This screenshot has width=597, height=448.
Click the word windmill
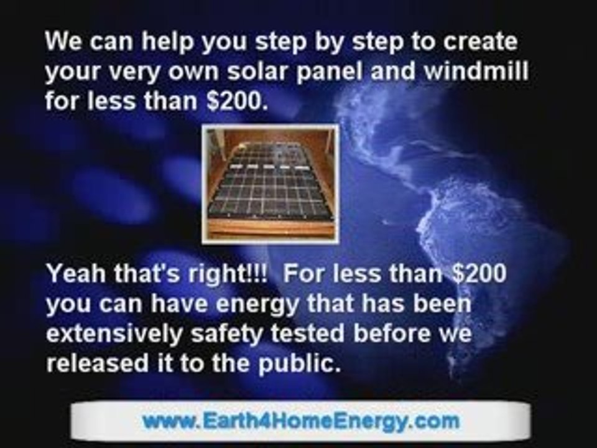476,71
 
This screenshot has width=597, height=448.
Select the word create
480,41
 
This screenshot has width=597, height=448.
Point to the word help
167,42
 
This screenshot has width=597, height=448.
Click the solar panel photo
270,184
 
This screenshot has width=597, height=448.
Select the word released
98,363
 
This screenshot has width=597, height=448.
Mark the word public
299,364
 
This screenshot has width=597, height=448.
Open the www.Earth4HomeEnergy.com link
301,421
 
